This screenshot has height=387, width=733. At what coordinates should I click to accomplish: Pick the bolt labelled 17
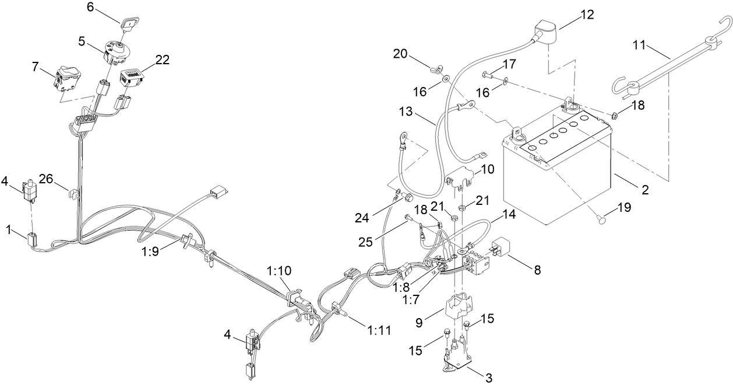pyautogui.click(x=488, y=74)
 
